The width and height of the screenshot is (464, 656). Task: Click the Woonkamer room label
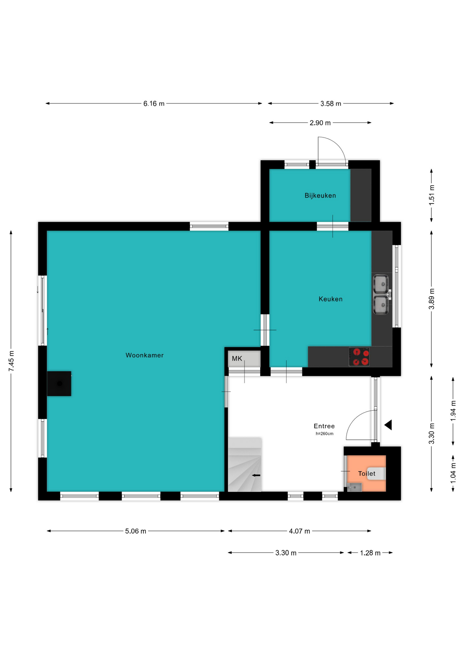pyautogui.click(x=145, y=355)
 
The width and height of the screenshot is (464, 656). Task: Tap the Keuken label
pyautogui.click(x=330, y=299)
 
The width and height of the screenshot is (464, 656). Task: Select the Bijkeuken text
pyautogui.click(x=320, y=195)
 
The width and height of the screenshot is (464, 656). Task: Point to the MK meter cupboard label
pyautogui.click(x=237, y=358)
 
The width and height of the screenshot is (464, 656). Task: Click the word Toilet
pyautogui.click(x=367, y=474)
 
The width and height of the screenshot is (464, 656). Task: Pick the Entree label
pyautogui.click(x=324, y=426)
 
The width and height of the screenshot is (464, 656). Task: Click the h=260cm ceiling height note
pyautogui.click(x=325, y=434)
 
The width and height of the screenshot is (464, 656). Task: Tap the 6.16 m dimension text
pyautogui.click(x=154, y=104)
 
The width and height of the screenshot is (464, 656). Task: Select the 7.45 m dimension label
pyautogui.click(x=12, y=361)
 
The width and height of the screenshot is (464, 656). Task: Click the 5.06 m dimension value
pyautogui.click(x=136, y=531)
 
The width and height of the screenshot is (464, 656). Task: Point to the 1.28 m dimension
pyautogui.click(x=370, y=553)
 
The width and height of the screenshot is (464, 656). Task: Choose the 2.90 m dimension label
pyautogui.click(x=320, y=123)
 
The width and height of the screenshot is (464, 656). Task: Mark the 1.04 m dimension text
pyautogui.click(x=453, y=473)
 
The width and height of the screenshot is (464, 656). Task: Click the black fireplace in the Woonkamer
pyautogui.click(x=59, y=384)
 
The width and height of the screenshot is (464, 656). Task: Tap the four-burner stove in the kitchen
pyautogui.click(x=359, y=357)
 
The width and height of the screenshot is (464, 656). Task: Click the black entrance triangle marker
pyautogui.click(x=388, y=425)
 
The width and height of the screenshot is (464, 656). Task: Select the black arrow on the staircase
pyautogui.click(x=256, y=475)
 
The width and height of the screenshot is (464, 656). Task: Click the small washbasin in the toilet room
pyautogui.click(x=355, y=487)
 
